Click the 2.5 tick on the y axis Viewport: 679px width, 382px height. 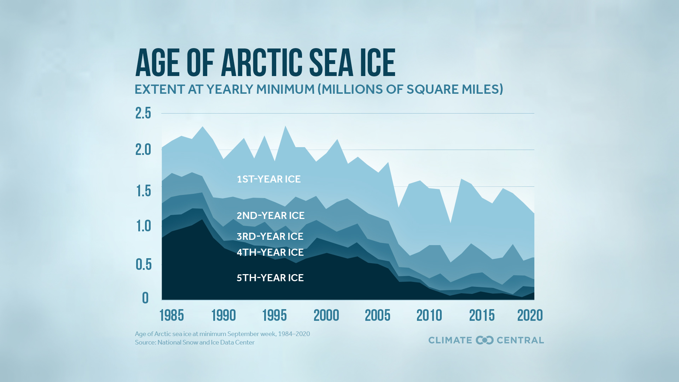click(143, 113)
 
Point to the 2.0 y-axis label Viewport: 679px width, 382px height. click(143, 150)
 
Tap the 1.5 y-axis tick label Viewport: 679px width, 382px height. click(143, 191)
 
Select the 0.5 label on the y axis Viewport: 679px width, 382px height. click(143, 264)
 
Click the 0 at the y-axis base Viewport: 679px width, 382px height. click(145, 298)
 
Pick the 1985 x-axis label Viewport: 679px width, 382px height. click(172, 315)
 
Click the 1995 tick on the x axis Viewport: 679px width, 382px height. click(274, 315)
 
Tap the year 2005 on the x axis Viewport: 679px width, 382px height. click(377, 315)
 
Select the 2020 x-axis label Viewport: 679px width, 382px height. click(530, 315)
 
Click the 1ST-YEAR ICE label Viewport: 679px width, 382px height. click(269, 179)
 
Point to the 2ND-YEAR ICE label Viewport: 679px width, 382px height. click(271, 215)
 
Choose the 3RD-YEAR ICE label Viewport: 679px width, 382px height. click(270, 236)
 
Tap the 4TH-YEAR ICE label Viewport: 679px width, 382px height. click(270, 252)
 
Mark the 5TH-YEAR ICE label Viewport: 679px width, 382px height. click(270, 278)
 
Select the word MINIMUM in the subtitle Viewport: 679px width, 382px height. click(285, 89)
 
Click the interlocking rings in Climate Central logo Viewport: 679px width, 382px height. click(484, 340)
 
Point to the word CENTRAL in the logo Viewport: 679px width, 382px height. click(520, 340)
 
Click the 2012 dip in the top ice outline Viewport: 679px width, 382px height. click(450, 223)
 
